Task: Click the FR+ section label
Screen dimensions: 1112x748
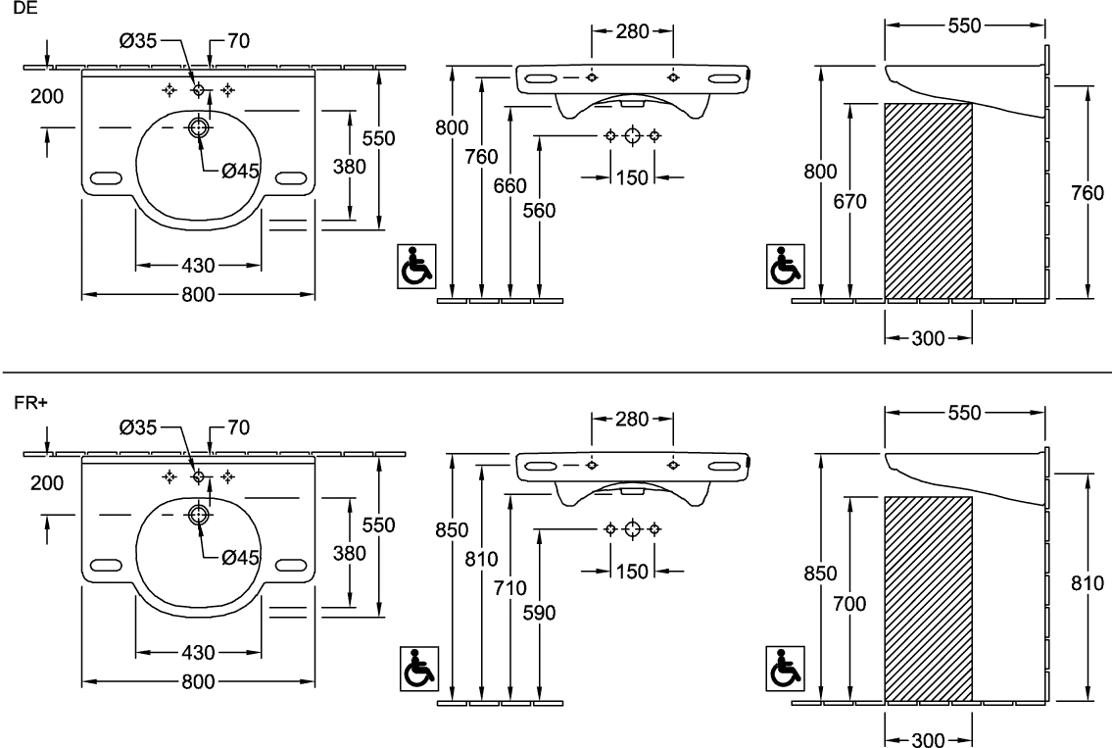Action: [31, 402]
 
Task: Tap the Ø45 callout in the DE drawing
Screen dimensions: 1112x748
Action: [240, 171]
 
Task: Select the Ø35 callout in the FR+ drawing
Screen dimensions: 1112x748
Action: [138, 427]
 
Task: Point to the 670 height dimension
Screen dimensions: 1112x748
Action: [849, 202]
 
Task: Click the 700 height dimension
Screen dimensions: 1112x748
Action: [849, 604]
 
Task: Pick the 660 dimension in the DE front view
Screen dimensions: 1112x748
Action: [509, 185]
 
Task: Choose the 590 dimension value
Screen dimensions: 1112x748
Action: [539, 613]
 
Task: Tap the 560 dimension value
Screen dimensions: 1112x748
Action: [539, 211]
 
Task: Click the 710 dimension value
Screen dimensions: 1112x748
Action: [509, 587]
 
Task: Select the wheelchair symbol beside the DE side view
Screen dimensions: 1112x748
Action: [785, 266]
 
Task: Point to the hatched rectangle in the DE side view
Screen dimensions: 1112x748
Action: [929, 201]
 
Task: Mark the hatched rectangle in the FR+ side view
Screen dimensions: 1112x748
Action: [929, 600]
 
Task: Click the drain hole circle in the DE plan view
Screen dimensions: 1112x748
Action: [198, 127]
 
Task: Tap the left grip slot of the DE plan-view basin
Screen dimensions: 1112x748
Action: [105, 177]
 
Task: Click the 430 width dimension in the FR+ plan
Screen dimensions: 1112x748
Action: [198, 652]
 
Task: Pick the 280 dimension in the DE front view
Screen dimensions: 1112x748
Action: [633, 31]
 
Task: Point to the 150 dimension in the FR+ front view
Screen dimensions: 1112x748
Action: [632, 572]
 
